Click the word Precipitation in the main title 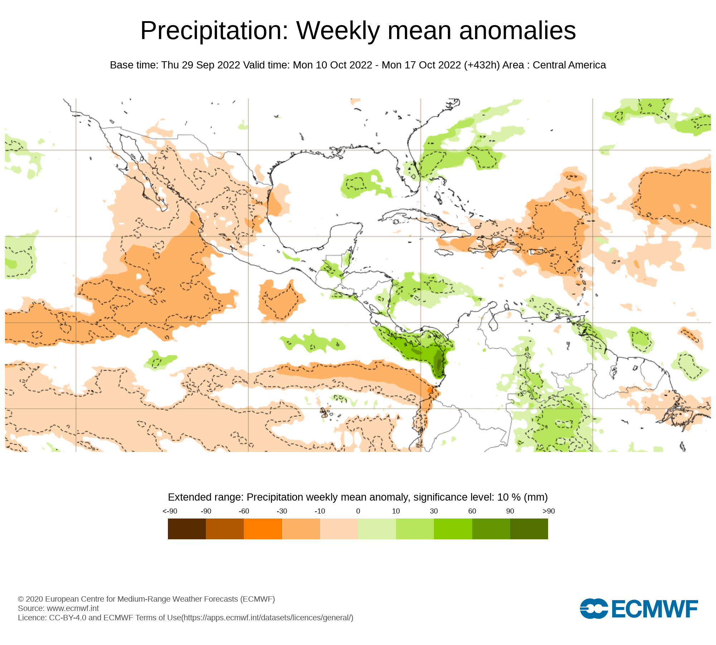[x=214, y=31]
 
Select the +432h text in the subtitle [x=482, y=65]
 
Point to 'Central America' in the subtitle [x=569, y=65]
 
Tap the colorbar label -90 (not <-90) [x=206, y=511]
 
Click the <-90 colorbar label [x=170, y=511]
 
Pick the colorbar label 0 [x=358, y=511]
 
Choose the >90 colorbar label [x=548, y=511]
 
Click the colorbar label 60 [x=472, y=511]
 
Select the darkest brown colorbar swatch [x=187, y=529]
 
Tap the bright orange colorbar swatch [x=263, y=529]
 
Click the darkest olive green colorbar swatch [x=529, y=529]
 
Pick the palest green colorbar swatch [x=377, y=529]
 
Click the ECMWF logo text [x=654, y=609]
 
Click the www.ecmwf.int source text [x=73, y=608]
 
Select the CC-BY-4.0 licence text [x=67, y=618]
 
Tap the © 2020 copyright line [x=146, y=599]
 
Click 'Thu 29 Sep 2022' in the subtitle [x=200, y=65]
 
